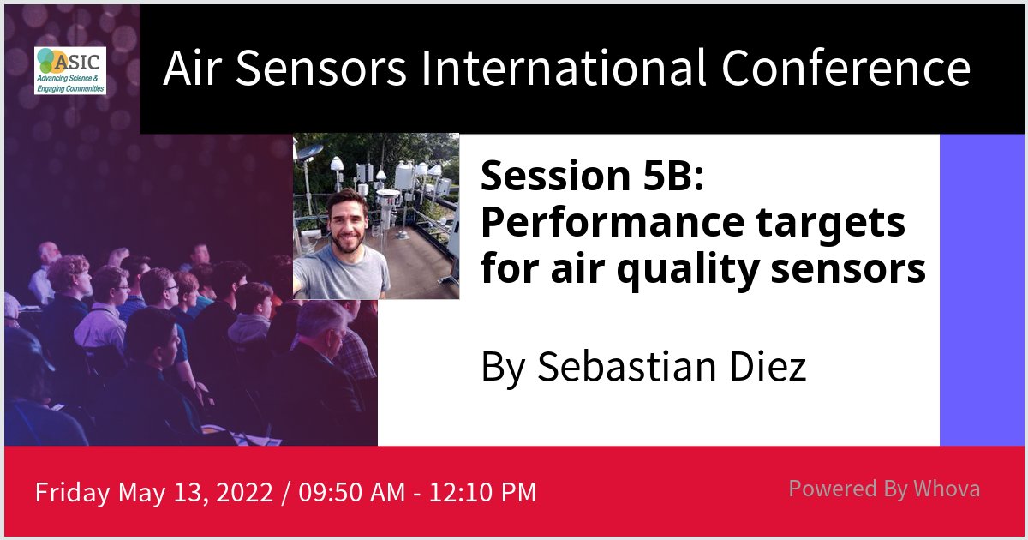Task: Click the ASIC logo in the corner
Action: (x=70, y=70)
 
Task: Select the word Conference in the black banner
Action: (x=846, y=69)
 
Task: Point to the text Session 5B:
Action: (x=592, y=177)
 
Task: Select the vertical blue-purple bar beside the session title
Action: (x=982, y=290)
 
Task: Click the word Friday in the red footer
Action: (x=73, y=493)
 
